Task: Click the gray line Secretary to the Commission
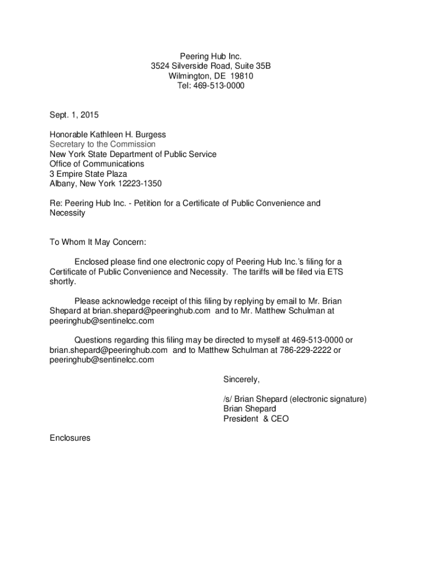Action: pos(102,144)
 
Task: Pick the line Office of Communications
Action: pos(97,164)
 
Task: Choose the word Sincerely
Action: pos(241,379)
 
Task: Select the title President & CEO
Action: pos(256,419)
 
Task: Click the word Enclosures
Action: pos(70,438)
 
